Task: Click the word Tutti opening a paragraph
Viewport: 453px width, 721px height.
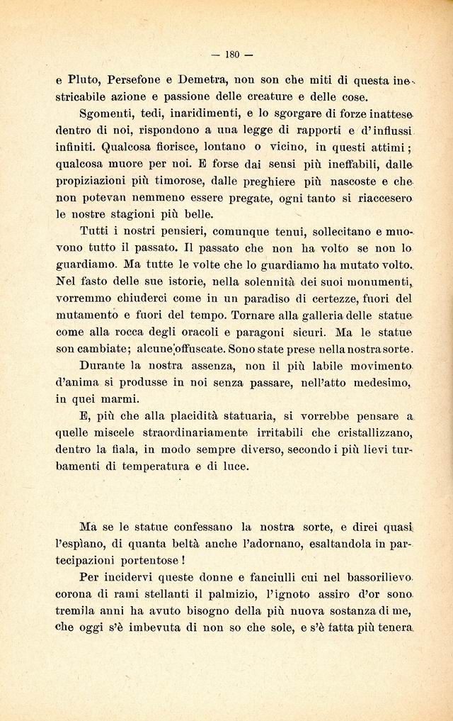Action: (x=98, y=231)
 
